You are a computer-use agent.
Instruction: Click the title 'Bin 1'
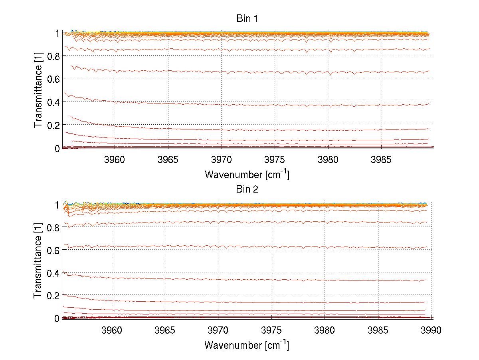pos(247,19)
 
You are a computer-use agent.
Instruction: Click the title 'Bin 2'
pos(247,189)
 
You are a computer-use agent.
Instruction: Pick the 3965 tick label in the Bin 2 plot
pos(165,330)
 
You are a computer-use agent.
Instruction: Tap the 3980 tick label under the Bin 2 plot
pos(325,330)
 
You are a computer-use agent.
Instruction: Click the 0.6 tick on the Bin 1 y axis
pos(53,79)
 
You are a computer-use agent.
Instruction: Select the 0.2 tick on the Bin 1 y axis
pos(53,125)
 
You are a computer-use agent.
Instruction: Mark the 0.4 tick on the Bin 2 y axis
pos(53,273)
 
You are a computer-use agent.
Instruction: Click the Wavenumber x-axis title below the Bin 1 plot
pos(247,174)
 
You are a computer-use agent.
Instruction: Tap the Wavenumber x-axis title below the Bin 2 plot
pos(247,345)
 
